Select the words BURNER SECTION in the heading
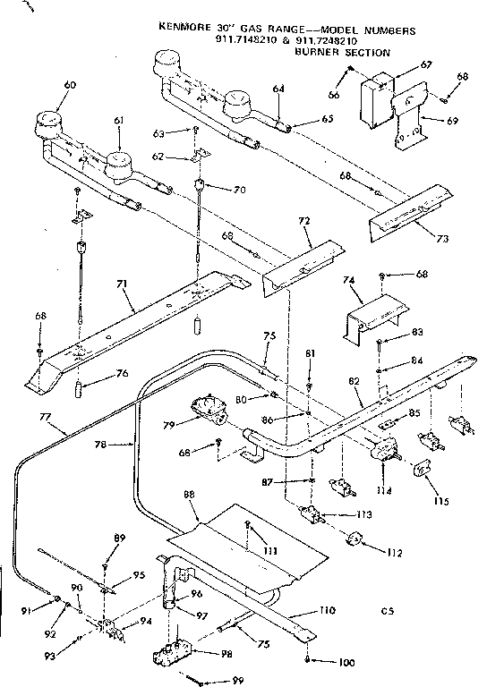(342, 53)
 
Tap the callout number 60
(46, 85)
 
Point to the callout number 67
(426, 65)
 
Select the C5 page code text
(386, 612)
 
